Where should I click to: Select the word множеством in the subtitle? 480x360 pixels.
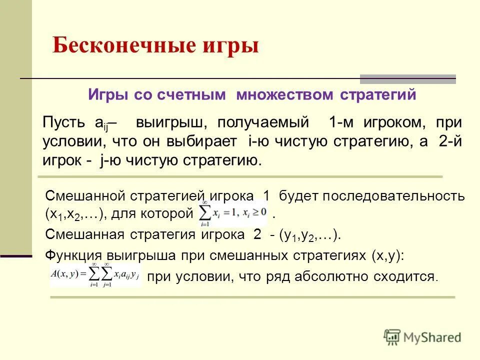[x=293, y=95]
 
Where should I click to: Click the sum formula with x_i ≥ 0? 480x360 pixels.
[x=233, y=212]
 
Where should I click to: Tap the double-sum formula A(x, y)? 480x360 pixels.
[x=95, y=275]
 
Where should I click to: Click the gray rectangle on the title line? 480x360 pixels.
[x=408, y=79]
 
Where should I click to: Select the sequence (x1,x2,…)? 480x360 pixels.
[x=74, y=215]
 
